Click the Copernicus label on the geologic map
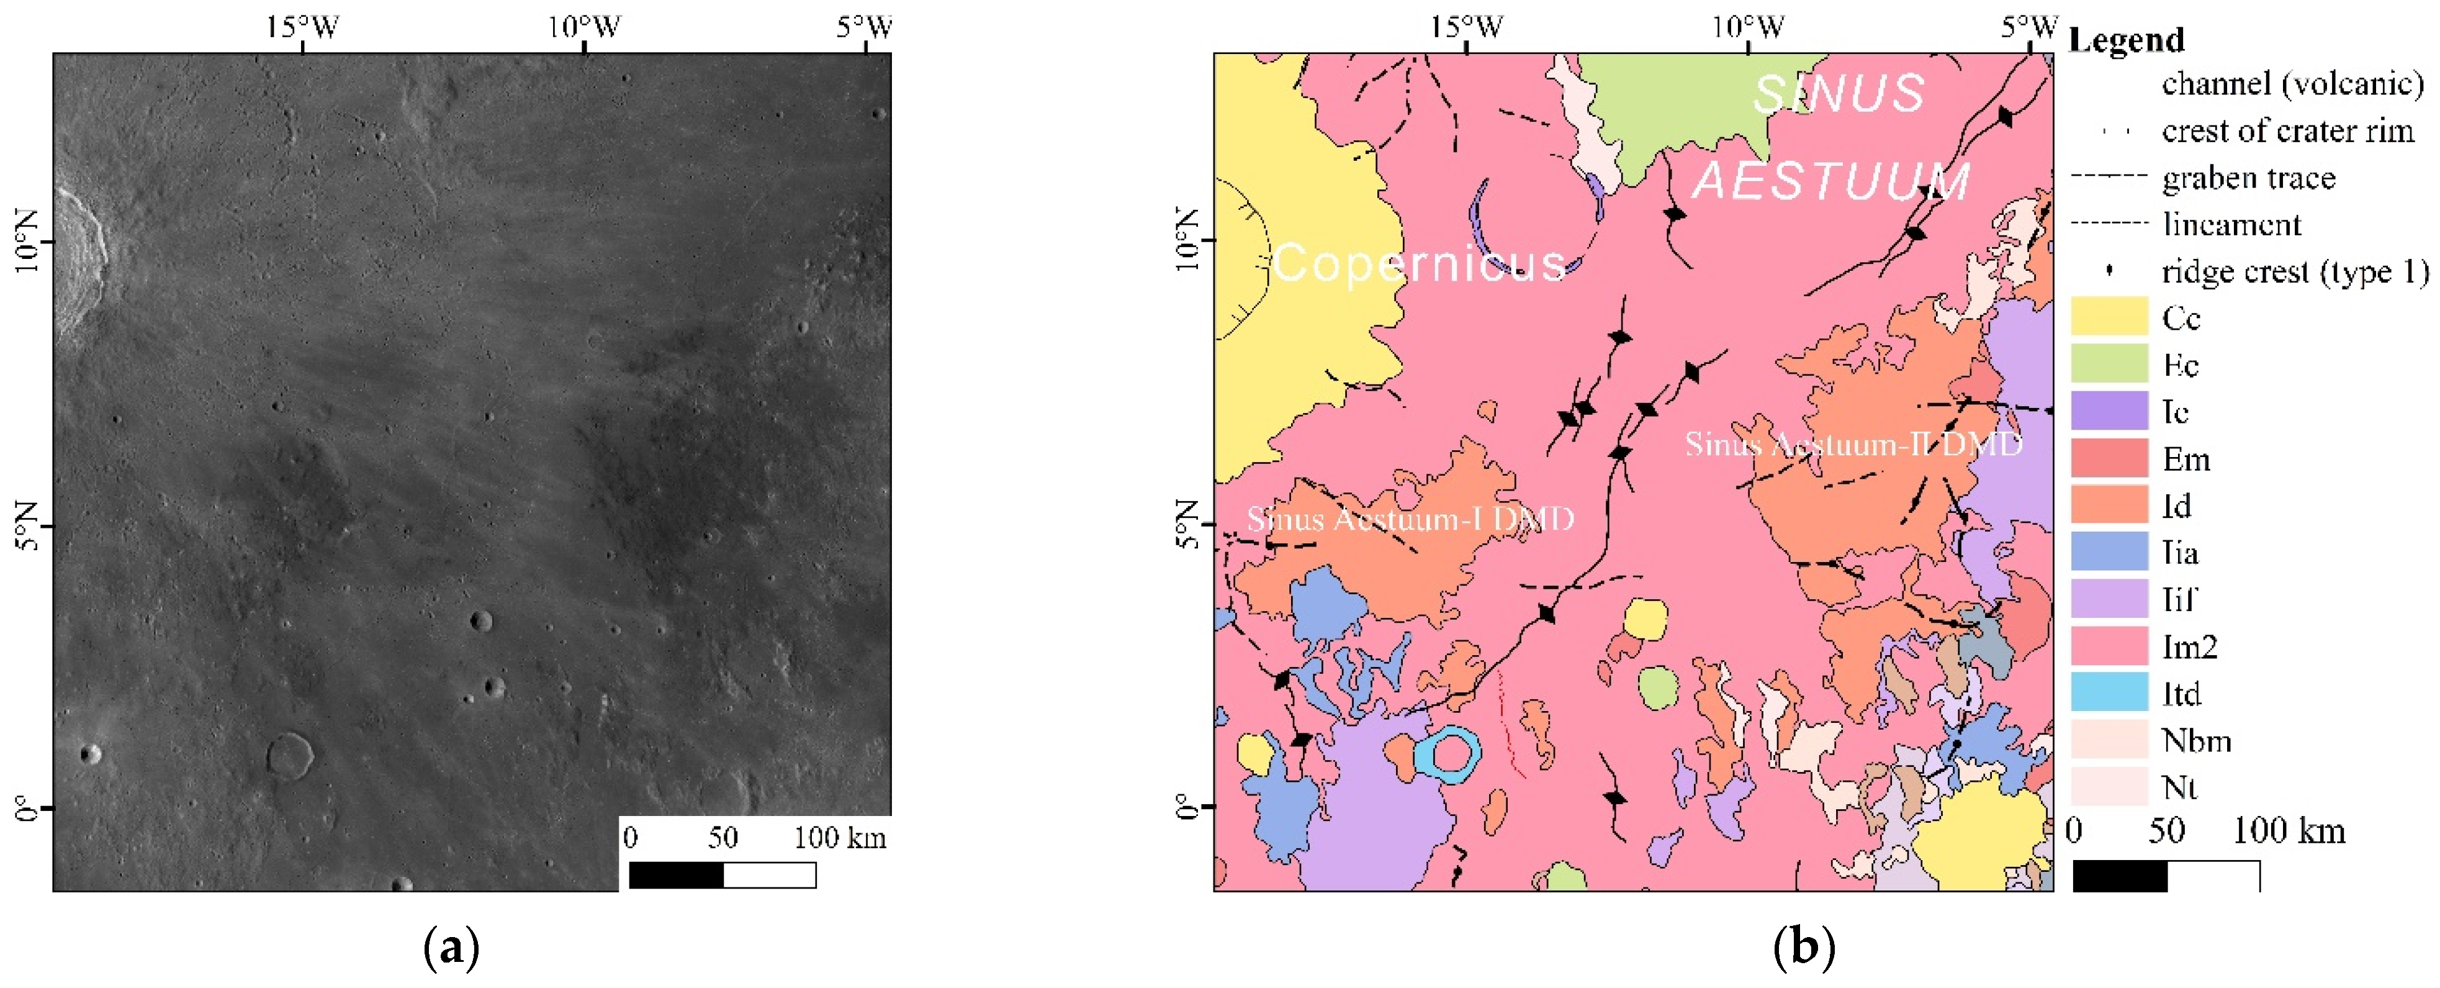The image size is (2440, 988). (x=1418, y=263)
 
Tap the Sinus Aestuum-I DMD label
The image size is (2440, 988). (x=1410, y=519)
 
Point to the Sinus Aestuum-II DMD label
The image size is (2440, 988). (x=1853, y=444)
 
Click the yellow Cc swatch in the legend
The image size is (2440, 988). (x=2109, y=316)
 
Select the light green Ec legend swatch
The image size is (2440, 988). (x=2109, y=364)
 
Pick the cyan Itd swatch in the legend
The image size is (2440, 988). (x=2109, y=692)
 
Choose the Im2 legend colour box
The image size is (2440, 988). (x=2109, y=645)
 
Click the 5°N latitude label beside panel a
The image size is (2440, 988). (x=27, y=526)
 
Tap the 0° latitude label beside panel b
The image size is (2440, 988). (x=1187, y=807)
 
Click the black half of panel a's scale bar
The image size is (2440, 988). (x=677, y=875)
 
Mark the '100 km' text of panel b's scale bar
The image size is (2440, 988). (x=2289, y=832)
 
